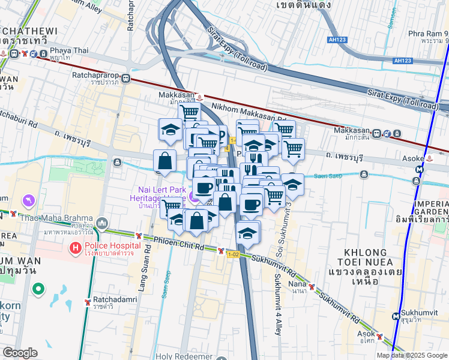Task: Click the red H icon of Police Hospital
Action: (x=76, y=247)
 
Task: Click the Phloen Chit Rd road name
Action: (x=178, y=247)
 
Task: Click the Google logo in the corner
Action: (x=20, y=353)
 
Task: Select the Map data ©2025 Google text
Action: (x=412, y=355)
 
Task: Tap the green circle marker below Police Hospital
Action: (x=38, y=290)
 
